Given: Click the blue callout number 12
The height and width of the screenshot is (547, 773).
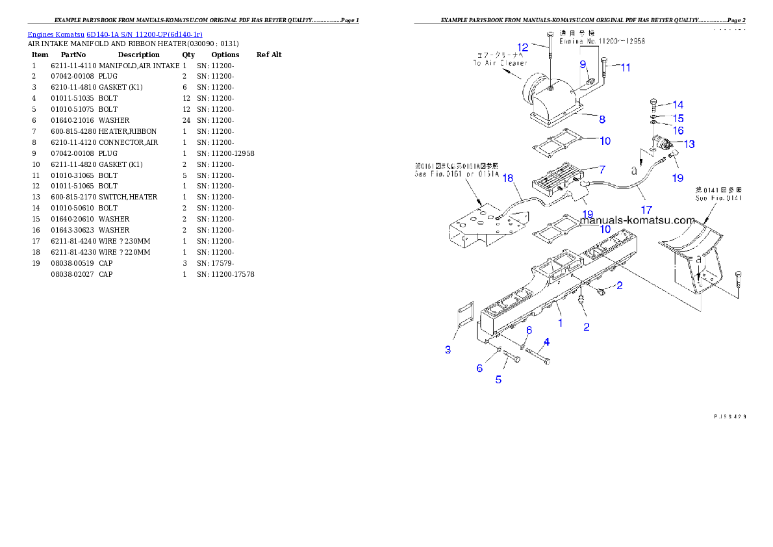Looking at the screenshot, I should [x=523, y=47].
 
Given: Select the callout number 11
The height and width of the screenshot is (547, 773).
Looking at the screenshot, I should [x=625, y=67].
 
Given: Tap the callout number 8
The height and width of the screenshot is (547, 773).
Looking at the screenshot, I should [x=602, y=120].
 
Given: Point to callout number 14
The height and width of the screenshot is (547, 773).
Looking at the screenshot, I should [x=678, y=105].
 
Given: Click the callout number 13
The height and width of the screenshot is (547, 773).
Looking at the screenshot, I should [x=689, y=144].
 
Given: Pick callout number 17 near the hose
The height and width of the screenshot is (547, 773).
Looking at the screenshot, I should [x=646, y=210].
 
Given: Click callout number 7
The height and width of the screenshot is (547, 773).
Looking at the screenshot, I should [x=602, y=170].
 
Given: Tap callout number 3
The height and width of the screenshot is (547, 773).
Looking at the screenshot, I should [x=448, y=350].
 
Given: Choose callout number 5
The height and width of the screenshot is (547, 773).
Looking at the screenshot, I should [x=498, y=379].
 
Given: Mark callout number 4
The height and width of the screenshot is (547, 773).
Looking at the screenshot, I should [x=546, y=342].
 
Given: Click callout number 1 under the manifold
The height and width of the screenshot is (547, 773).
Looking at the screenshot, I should [x=560, y=322].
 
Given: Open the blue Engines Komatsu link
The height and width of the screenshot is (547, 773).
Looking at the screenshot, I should [x=115, y=34].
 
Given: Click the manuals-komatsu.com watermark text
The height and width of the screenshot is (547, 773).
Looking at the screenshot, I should [x=637, y=220].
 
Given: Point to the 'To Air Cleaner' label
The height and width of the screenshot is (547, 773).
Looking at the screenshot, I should [x=500, y=63].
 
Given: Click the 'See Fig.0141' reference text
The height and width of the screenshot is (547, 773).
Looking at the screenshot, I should [x=718, y=198].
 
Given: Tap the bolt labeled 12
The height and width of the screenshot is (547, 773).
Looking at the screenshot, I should [x=550, y=58].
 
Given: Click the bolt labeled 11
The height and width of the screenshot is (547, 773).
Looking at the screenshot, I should [x=604, y=70].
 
